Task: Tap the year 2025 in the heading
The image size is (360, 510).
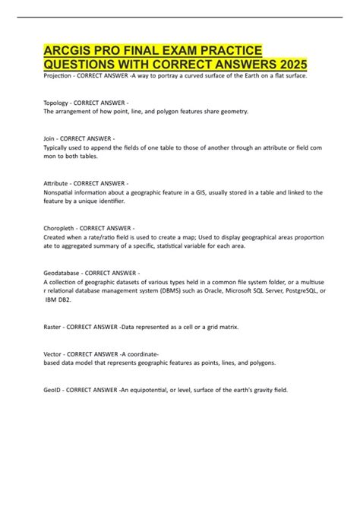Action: pos(312,65)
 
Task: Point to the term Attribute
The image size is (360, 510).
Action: pos(59,184)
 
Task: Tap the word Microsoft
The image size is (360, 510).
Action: pos(240,290)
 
